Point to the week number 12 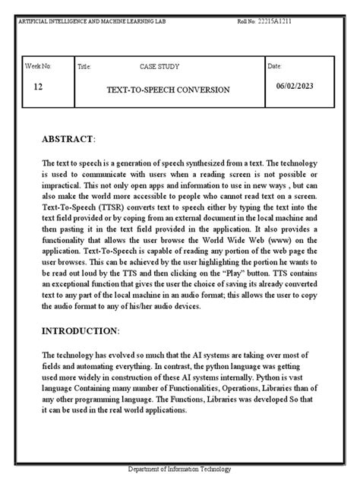point(39,87)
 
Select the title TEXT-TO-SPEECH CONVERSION point(169,90)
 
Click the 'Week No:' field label point(39,67)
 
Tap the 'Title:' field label point(85,68)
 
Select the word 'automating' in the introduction point(90,367)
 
